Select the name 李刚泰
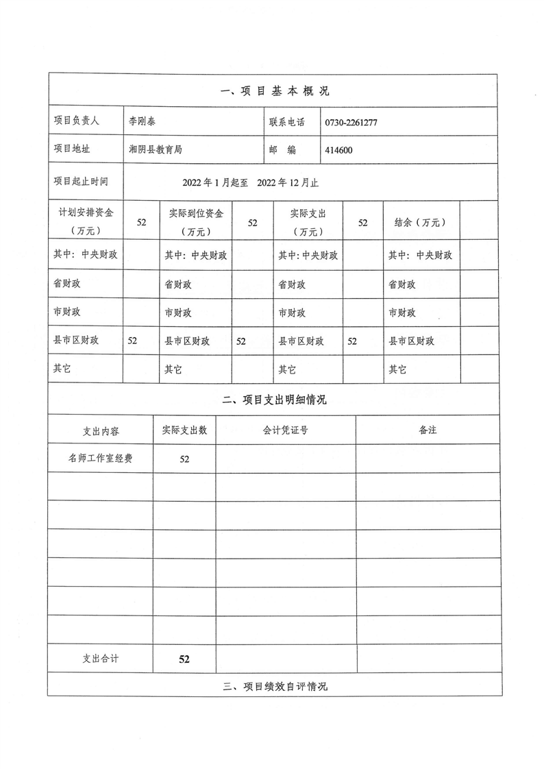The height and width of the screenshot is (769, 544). [143, 121]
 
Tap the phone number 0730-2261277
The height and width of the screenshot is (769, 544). [352, 122]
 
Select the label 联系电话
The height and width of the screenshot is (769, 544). [286, 121]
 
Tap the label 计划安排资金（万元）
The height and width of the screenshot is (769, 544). [85, 222]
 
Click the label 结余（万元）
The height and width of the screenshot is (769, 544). [421, 222]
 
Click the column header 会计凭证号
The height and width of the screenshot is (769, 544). [285, 430]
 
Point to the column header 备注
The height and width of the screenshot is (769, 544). [428, 430]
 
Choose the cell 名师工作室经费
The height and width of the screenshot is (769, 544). [100, 459]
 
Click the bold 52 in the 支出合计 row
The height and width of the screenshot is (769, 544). [184, 659]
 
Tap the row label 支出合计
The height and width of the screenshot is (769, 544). [100, 658]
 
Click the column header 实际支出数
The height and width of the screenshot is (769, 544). [184, 430]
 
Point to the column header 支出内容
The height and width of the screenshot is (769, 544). [100, 431]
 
